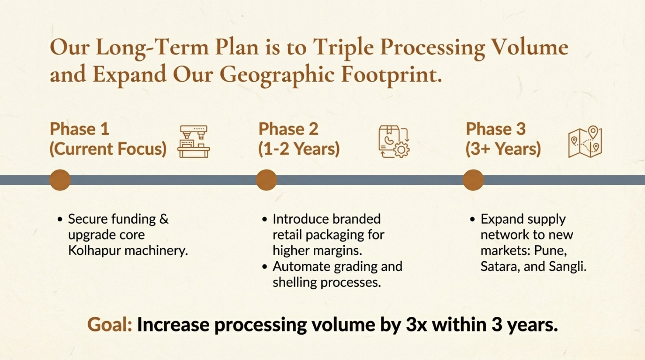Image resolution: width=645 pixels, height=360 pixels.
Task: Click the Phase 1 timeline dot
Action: coord(60,180)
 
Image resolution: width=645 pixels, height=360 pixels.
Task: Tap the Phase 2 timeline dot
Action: coord(266,180)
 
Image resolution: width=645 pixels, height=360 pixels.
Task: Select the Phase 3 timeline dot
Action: coord(473,180)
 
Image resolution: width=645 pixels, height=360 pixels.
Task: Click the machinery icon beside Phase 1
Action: coord(194,142)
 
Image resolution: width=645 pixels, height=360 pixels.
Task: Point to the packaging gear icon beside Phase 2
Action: coord(394,142)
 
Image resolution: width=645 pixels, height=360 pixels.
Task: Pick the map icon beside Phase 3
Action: coord(585,142)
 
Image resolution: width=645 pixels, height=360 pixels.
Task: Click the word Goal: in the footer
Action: coord(110,324)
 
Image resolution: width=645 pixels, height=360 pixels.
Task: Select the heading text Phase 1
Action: coord(79,129)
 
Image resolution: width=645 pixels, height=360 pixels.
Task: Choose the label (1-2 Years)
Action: coord(299,149)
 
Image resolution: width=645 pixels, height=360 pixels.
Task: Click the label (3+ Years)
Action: coord(503,149)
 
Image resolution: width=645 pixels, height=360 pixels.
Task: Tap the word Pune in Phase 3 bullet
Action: coord(549,251)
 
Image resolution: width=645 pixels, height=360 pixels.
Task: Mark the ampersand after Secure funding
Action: coord(164,219)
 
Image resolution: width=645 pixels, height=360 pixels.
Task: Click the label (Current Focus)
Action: coord(108,149)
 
